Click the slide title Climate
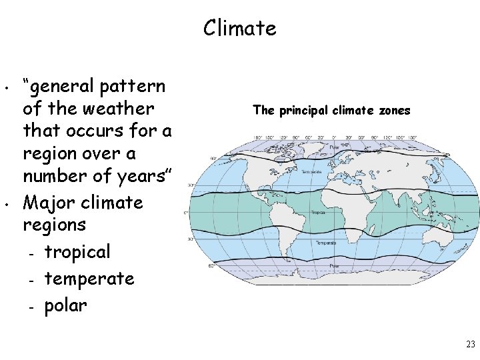239,28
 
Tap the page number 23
471,345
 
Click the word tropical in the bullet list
77,253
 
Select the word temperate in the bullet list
89,279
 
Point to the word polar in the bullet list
66,305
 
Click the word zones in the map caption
395,111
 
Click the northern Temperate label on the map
313,172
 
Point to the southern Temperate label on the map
326,243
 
